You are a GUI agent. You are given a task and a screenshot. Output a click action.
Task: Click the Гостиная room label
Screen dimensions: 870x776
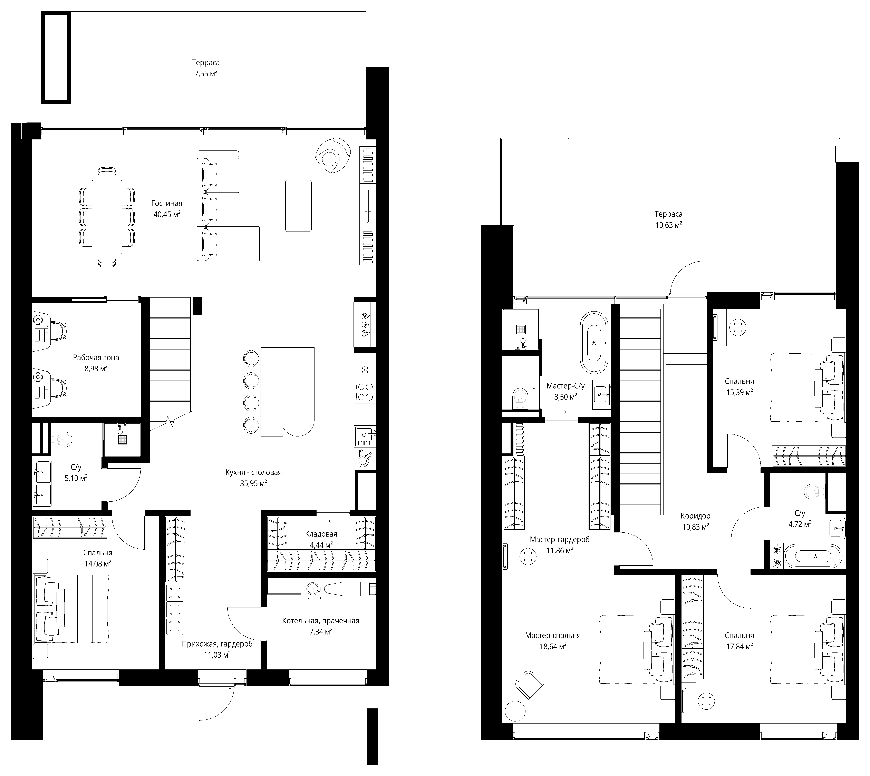click(x=167, y=203)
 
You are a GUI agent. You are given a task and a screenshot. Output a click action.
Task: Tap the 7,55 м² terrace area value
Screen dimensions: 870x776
click(x=206, y=73)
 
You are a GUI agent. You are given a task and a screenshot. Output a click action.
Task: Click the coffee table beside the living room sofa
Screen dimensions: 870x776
click(x=299, y=206)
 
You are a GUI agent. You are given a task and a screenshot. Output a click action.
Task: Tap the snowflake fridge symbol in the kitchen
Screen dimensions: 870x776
click(x=365, y=370)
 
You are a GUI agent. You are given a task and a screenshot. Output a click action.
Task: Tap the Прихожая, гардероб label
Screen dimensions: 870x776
click(x=217, y=644)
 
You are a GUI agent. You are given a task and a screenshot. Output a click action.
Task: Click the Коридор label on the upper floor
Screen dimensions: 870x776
click(x=696, y=516)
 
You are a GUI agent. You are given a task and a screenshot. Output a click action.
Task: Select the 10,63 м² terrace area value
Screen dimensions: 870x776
click(x=669, y=225)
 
